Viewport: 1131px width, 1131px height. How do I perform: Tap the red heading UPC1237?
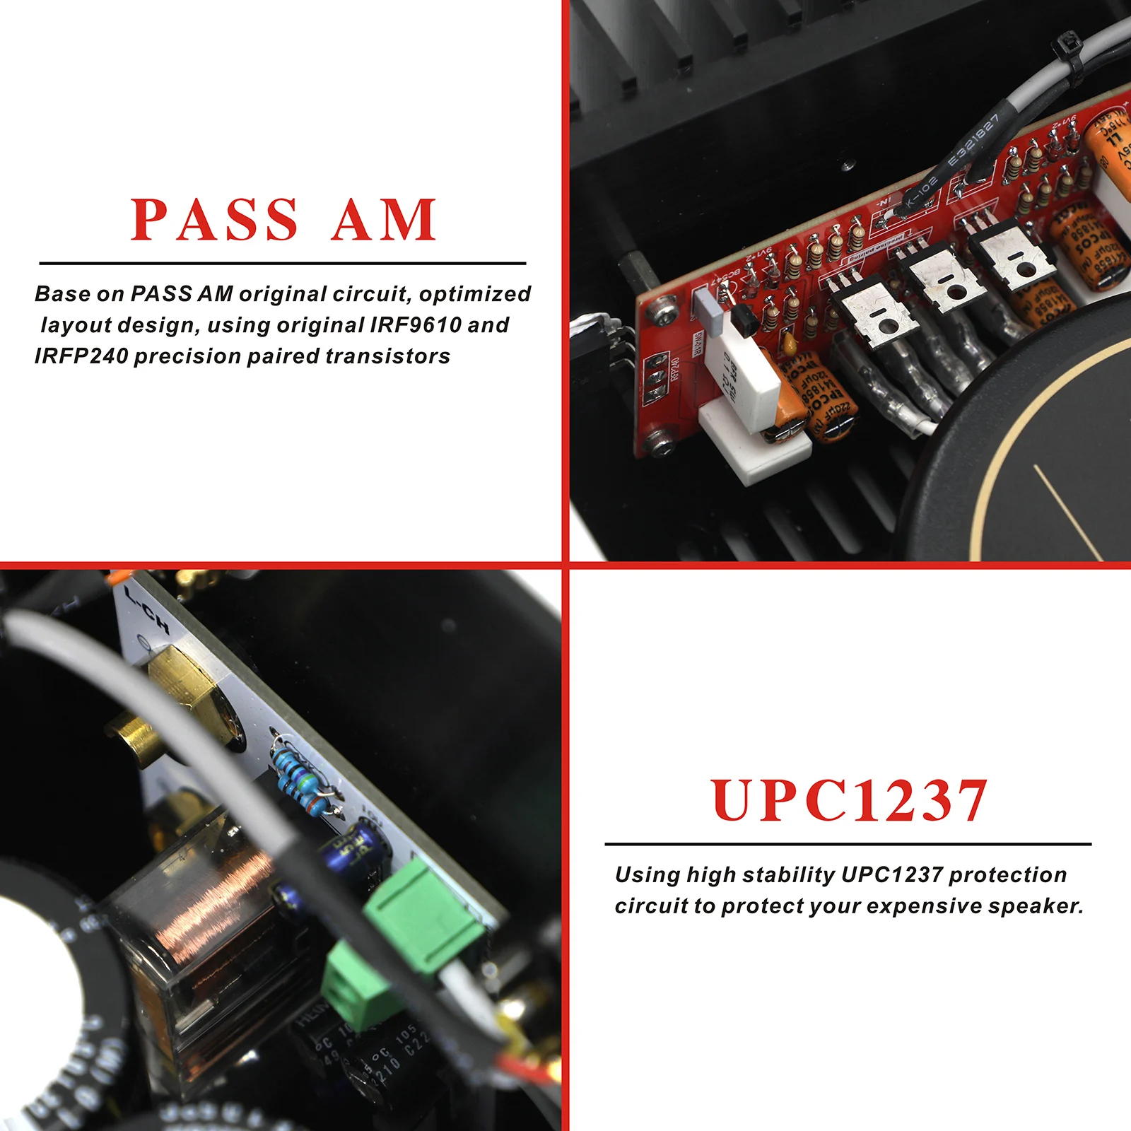point(848,801)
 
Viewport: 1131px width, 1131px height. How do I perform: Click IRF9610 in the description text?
point(415,325)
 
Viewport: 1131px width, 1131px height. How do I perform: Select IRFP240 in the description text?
point(81,356)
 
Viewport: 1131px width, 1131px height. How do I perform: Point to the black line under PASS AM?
point(283,263)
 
